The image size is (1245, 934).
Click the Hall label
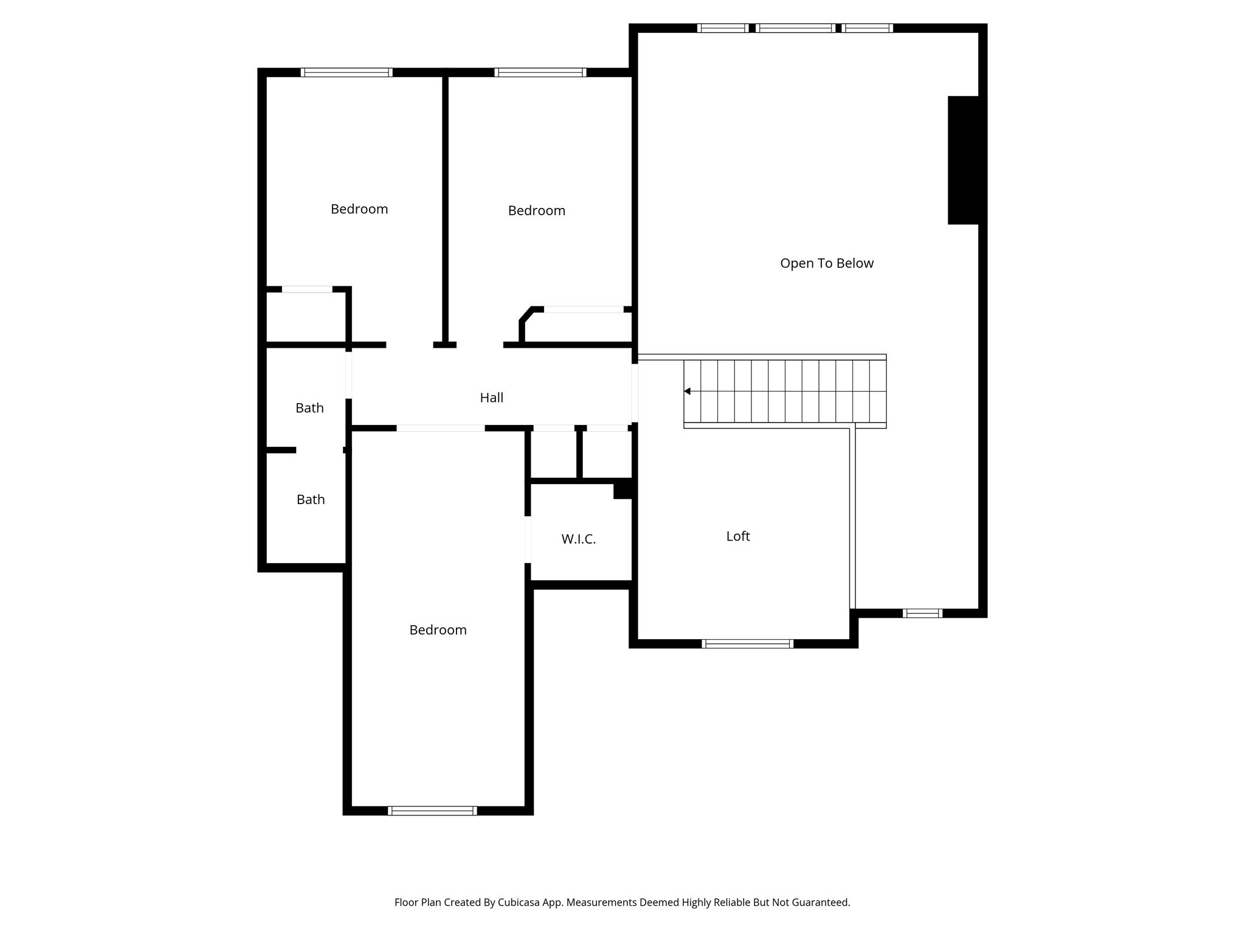tap(491, 398)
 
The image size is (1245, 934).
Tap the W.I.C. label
tap(578, 539)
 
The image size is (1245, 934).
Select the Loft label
tap(737, 536)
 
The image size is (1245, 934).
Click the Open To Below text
tap(826, 263)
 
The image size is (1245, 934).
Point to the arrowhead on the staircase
tap(688, 391)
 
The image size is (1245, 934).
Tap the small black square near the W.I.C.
tap(623, 489)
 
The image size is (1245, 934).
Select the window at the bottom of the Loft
tap(747, 643)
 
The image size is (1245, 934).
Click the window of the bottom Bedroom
tap(432, 810)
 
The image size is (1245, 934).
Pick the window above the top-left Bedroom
tap(347, 72)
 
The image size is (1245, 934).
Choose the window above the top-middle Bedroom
tap(540, 72)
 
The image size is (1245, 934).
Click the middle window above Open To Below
tap(795, 28)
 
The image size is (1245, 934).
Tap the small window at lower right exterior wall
tap(922, 613)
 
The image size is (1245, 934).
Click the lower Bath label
tap(310, 499)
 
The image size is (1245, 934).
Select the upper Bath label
tap(309, 408)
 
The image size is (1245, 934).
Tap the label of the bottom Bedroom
tap(438, 630)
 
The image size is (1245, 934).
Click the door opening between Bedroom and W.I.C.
tap(528, 539)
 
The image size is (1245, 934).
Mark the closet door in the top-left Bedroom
tap(307, 289)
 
